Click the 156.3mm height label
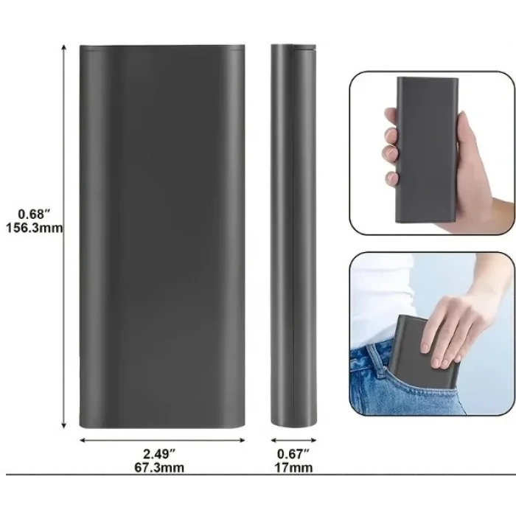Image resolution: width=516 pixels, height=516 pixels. (35, 228)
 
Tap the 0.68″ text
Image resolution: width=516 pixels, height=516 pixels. (34, 215)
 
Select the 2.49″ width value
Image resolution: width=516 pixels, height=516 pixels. (159, 454)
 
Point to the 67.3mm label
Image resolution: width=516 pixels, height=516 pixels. (159, 467)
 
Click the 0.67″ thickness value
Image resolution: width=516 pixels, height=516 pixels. (293, 454)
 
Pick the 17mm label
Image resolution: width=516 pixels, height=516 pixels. (293, 467)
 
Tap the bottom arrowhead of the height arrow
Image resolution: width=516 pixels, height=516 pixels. (64, 426)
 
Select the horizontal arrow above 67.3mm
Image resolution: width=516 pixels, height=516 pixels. (163, 440)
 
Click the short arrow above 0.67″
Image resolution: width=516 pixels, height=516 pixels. (293, 440)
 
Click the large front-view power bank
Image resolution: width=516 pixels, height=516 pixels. (162, 237)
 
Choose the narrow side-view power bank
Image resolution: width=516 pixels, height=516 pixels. (293, 236)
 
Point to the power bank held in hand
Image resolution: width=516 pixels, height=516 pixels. (427, 150)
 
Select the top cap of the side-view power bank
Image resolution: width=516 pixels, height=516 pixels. (293, 46)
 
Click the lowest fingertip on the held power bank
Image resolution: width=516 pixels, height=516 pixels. (391, 178)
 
